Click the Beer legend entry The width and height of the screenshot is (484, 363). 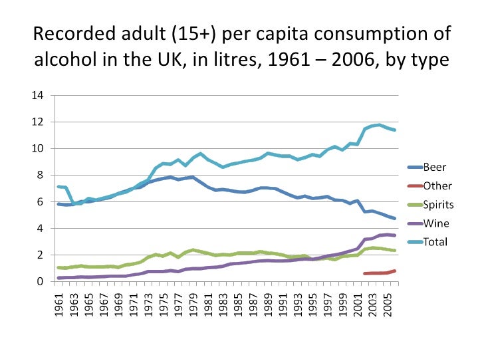[433, 167]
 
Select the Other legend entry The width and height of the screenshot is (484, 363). [435, 185]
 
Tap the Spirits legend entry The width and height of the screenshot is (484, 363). [438, 204]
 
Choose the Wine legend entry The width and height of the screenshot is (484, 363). [435, 223]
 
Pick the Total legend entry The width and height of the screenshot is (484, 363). [435, 242]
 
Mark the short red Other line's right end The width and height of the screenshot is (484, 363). [394, 271]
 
